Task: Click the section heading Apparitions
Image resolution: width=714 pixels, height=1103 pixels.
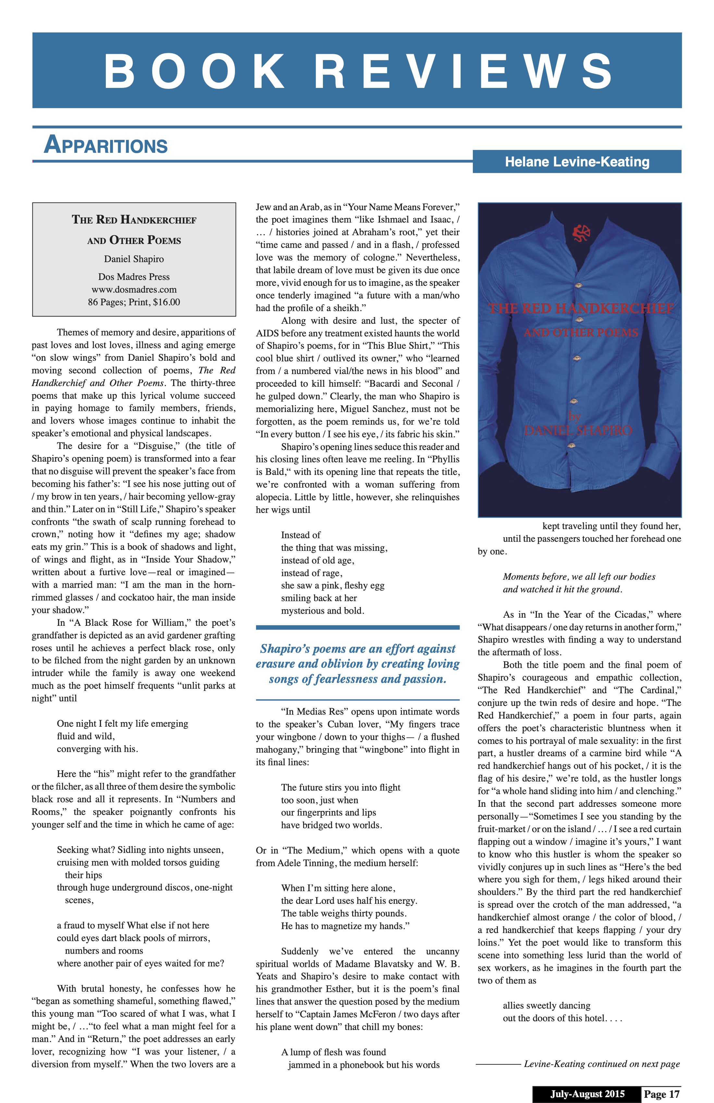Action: tap(106, 145)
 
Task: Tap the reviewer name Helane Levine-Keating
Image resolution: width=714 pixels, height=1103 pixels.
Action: tap(577, 162)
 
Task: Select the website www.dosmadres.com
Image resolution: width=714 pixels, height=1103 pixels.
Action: tap(134, 290)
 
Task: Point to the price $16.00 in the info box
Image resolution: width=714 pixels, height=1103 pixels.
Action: tap(166, 302)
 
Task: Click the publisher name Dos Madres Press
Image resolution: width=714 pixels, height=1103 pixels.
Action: tap(134, 277)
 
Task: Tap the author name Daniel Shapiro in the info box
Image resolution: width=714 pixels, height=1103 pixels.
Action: tap(134, 259)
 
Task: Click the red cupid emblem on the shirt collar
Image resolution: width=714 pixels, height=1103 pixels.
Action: tap(581, 233)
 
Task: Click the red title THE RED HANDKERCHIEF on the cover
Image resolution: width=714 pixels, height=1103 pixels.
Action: tap(581, 309)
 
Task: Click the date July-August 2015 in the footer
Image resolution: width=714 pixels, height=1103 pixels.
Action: tap(587, 1094)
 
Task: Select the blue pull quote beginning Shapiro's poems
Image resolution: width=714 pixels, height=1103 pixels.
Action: tap(357, 664)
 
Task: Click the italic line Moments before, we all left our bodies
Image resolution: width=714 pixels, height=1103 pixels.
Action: tap(579, 576)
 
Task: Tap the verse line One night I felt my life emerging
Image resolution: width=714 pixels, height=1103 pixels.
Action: tap(122, 723)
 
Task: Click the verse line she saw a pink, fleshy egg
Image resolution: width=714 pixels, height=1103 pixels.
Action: tap(332, 585)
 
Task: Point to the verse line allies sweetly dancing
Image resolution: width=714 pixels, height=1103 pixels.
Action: tap(547, 1005)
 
